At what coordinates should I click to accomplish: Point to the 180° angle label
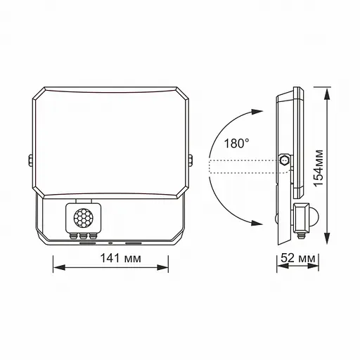pos(236,143)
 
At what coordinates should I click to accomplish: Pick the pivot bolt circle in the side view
pos(284,161)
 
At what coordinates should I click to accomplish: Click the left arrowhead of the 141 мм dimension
pos(58,268)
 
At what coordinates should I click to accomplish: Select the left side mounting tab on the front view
pos(31,161)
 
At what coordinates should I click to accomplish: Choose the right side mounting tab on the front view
pos(191,161)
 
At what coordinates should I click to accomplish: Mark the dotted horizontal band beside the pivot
pos(243,166)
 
